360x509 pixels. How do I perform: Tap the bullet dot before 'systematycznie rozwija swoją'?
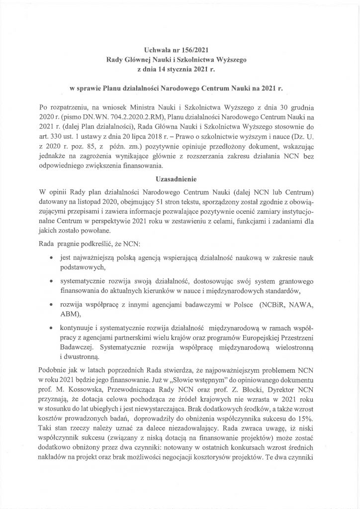pyautogui.click(x=53, y=281)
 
